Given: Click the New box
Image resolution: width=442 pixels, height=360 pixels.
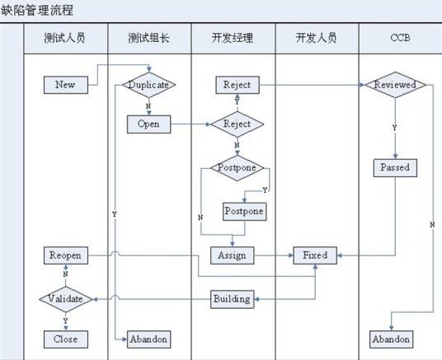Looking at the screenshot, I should pyautogui.click(x=64, y=84).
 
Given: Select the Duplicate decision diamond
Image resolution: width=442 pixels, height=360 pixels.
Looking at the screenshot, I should pyautogui.click(x=148, y=84).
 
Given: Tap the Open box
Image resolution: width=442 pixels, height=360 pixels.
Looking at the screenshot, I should pyautogui.click(x=148, y=124).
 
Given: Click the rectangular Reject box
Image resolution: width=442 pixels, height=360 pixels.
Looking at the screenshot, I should pyautogui.click(x=237, y=84).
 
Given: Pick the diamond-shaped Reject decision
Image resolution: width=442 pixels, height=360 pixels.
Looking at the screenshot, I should pyautogui.click(x=237, y=124).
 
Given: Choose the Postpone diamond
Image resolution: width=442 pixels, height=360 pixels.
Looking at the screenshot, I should pyautogui.click(x=237, y=168).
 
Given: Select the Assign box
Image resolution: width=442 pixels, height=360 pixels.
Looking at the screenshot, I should pyautogui.click(x=233, y=255).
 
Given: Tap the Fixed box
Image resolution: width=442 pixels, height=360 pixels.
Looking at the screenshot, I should pyautogui.click(x=315, y=255).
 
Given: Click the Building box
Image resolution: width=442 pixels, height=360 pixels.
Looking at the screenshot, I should pyautogui.click(x=231, y=298).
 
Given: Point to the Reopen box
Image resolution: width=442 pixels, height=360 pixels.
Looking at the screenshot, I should pyautogui.click(x=65, y=255).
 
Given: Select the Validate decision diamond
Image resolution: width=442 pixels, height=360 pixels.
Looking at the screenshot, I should pyautogui.click(x=65, y=298).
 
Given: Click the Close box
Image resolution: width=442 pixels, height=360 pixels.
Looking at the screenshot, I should pyautogui.click(x=65, y=339).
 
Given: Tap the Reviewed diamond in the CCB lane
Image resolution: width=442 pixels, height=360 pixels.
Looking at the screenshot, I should pyautogui.click(x=394, y=84).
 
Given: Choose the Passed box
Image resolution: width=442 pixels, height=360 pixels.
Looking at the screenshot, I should pyautogui.click(x=394, y=167).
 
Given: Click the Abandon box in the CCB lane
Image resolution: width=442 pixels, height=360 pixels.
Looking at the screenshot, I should pyautogui.click(x=390, y=339).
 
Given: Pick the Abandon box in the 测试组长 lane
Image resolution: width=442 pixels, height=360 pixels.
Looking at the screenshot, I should pyautogui.click(x=148, y=339).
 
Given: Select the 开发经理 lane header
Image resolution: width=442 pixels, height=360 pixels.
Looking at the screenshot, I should pyautogui.click(x=233, y=38).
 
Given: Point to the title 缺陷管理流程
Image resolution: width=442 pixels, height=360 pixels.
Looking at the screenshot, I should pyautogui.click(x=37, y=11).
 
